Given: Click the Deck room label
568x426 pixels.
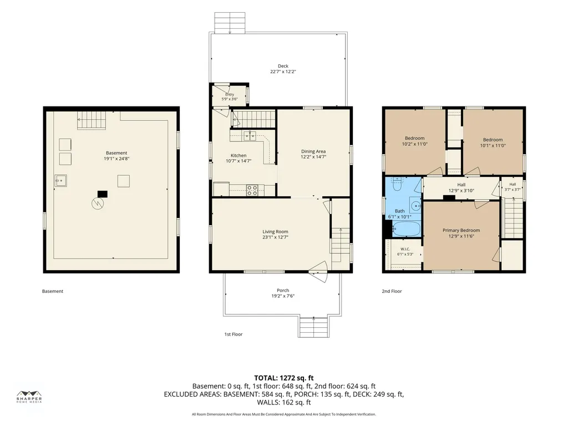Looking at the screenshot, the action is [x=283, y=66].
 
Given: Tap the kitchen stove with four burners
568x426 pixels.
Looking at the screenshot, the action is [x=252, y=190].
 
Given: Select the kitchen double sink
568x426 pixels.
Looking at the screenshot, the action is [x=250, y=135].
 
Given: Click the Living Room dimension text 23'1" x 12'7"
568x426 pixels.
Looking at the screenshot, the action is [x=275, y=237].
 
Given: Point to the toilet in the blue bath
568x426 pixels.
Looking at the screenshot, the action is [x=397, y=184].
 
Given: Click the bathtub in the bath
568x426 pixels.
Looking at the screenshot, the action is [x=406, y=229].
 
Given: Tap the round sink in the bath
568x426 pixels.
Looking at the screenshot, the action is [x=415, y=205].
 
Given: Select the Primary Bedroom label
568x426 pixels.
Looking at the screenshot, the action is [x=461, y=230].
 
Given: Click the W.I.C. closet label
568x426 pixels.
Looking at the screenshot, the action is [x=405, y=249].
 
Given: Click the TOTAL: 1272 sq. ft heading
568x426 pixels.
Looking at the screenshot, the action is [x=283, y=378].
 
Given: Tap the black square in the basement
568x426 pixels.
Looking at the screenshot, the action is [x=103, y=194].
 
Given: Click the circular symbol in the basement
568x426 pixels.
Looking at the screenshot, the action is [x=97, y=203].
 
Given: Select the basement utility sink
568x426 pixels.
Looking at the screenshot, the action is [x=60, y=180].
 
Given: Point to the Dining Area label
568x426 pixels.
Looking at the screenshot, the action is [x=313, y=151].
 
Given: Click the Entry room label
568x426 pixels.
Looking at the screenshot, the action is [x=230, y=94].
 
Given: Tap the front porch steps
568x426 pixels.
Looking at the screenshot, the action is [x=314, y=327].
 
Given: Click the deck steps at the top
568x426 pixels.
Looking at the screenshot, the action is [x=230, y=22].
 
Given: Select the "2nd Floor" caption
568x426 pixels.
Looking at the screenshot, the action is [x=392, y=291].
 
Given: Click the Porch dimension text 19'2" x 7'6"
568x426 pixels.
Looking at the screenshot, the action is [x=283, y=296].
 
